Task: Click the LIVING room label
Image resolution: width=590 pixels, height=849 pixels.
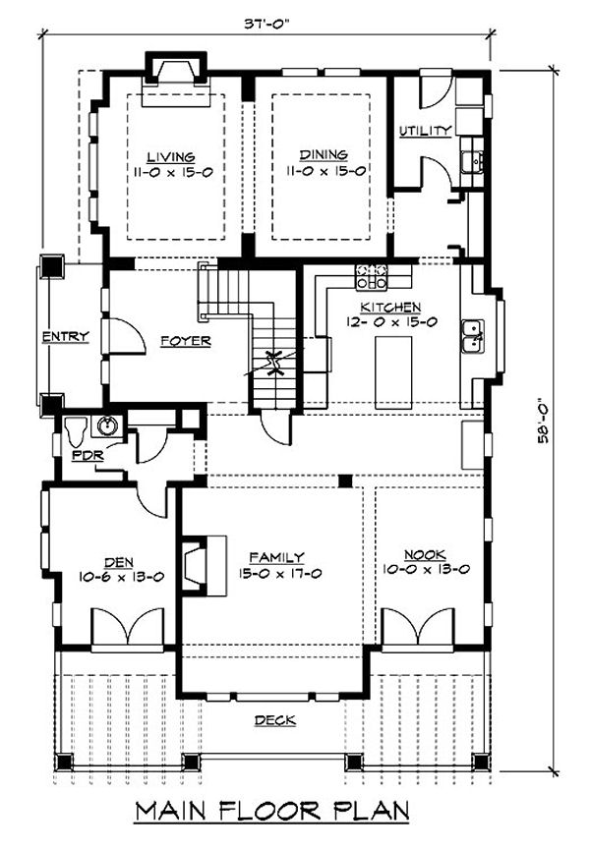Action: click(171, 157)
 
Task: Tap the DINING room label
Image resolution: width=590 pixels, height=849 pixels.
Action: click(324, 155)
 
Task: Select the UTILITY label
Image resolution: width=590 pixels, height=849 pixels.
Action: click(426, 131)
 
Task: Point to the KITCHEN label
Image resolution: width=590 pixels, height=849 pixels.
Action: click(390, 308)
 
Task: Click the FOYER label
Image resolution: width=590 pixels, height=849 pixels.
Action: click(186, 341)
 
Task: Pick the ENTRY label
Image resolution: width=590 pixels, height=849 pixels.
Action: click(66, 337)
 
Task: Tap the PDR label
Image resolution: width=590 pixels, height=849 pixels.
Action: click(88, 455)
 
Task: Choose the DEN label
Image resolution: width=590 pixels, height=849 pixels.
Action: click(119, 563)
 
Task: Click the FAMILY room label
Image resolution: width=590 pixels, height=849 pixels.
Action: click(277, 558)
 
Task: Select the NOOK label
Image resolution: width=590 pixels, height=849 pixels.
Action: click(426, 555)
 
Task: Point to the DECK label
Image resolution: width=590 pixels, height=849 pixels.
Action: click(275, 720)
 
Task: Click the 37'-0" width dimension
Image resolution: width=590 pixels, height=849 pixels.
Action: click(267, 25)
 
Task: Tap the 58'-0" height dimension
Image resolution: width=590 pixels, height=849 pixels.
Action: click(543, 422)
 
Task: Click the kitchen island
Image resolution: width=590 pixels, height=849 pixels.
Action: click(393, 372)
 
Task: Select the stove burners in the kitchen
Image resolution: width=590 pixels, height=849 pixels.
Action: click(371, 276)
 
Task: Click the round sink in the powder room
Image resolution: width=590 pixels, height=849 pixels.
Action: click(105, 425)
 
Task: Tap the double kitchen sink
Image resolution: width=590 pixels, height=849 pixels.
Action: click(472, 337)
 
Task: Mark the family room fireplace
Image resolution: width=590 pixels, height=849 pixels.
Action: click(204, 566)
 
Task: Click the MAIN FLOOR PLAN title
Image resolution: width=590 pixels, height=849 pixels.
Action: click(272, 811)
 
